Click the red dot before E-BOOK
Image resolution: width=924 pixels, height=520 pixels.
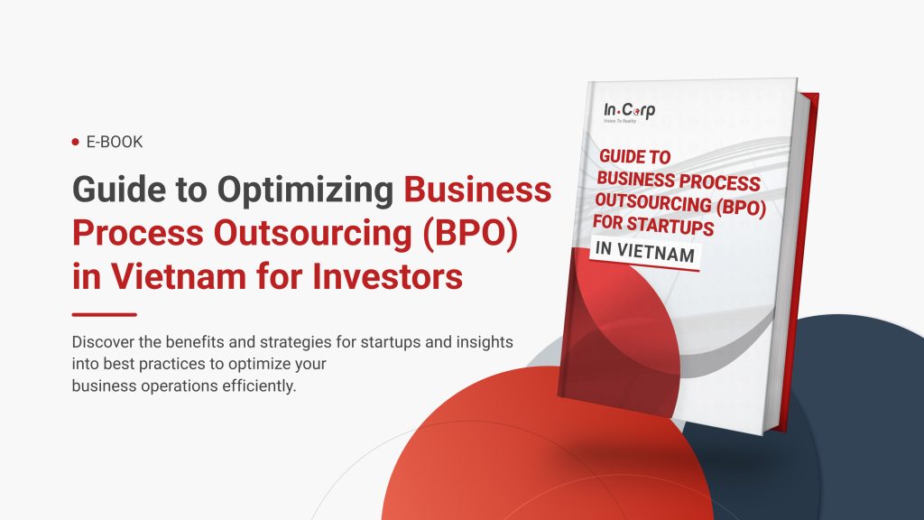pyautogui.click(x=75, y=142)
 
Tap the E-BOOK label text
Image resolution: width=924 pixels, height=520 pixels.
pyautogui.click(x=115, y=142)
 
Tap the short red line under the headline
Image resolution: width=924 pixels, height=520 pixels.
pyautogui.click(x=104, y=314)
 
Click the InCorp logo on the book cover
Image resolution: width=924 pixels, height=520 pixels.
pyautogui.click(x=629, y=110)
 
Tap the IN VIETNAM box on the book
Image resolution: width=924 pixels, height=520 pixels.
pyautogui.click(x=643, y=249)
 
